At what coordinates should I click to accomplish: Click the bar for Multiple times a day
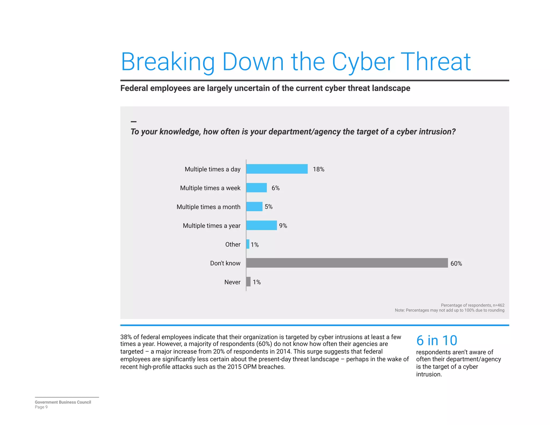277,169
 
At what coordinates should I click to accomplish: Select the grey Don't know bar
347,263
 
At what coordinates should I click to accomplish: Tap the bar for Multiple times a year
261,225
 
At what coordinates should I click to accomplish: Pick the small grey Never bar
248,282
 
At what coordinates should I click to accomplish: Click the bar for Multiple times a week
256,188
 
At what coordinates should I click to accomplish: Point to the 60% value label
456,264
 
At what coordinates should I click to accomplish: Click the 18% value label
319,169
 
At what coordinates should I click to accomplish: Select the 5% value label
269,207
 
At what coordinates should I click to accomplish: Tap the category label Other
233,244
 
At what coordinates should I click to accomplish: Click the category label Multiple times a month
208,207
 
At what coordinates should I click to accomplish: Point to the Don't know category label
225,263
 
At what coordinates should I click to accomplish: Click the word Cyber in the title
363,62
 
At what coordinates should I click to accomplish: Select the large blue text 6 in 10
437,341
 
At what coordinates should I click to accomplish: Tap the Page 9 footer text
41,407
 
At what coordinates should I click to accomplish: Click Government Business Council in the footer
63,402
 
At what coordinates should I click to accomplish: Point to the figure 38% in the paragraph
126,337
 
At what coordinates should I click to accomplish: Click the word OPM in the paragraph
249,367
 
